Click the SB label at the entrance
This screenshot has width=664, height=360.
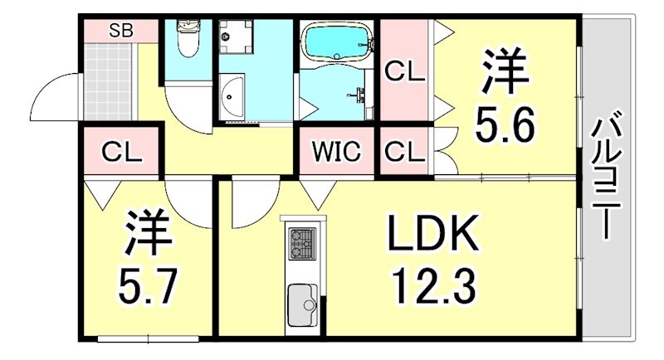coord(120,31)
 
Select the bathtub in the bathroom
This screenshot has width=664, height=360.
coord(337,41)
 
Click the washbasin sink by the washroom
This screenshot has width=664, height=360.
coord(232,97)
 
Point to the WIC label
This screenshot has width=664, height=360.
coord(336,152)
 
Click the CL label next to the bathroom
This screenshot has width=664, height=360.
coord(404,72)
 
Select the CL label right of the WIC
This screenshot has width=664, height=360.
coord(404,152)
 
